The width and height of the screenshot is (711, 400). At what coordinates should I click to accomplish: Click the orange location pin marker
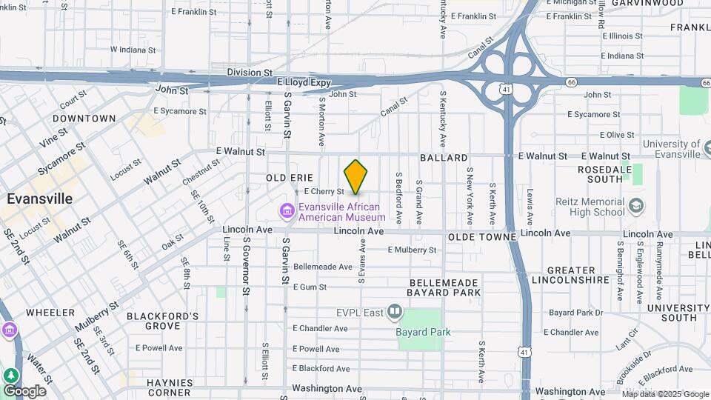(x=356, y=176)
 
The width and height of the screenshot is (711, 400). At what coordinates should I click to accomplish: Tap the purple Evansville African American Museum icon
(x=287, y=212)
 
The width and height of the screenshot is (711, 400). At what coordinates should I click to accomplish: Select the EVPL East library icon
(x=395, y=312)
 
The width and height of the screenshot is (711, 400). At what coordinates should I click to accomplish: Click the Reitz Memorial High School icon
(x=635, y=205)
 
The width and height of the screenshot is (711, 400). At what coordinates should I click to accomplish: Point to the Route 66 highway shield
(x=570, y=81)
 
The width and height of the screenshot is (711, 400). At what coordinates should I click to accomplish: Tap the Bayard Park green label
(x=423, y=332)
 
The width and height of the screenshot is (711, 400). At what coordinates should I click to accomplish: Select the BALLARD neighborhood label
(x=444, y=158)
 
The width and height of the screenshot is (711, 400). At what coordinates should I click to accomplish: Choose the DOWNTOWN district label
(x=84, y=119)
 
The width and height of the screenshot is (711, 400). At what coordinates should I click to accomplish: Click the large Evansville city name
(x=40, y=199)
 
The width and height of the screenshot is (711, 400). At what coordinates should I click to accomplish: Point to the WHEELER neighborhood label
(x=50, y=313)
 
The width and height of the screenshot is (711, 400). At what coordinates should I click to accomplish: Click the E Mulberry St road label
(x=411, y=250)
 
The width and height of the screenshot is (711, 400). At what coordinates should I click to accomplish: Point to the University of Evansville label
(x=671, y=149)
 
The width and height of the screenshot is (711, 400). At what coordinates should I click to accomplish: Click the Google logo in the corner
(x=24, y=390)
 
